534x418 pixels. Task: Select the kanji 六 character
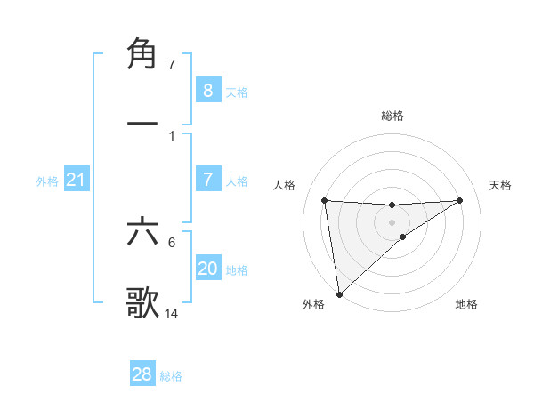[x=142, y=233]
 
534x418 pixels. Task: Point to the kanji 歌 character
[x=142, y=302]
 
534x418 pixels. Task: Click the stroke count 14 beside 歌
[x=172, y=313]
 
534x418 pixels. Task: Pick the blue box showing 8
[x=207, y=90]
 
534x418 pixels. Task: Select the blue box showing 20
[x=207, y=269]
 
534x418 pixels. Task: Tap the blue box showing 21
[x=77, y=181]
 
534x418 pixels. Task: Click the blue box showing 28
[x=142, y=374]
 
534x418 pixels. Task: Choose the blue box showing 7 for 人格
[x=207, y=180]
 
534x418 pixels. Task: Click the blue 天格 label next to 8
[x=237, y=92]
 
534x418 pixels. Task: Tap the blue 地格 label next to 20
[x=237, y=270]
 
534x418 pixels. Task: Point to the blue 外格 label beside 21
[x=47, y=181]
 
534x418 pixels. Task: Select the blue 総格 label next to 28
[x=171, y=376]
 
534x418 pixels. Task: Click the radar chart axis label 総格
[x=392, y=116]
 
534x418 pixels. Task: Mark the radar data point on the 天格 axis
[x=460, y=200]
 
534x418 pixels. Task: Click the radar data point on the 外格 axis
[x=339, y=293]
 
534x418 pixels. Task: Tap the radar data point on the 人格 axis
[x=324, y=200]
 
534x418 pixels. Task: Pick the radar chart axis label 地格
[x=466, y=304]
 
